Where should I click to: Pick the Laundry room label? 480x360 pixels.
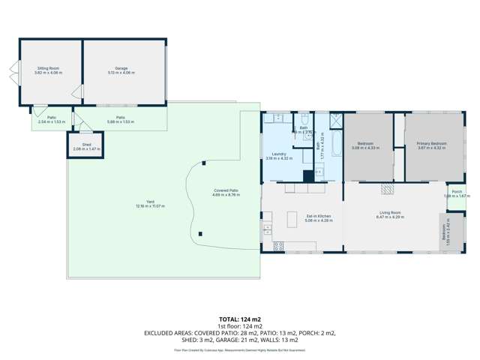point(278,156)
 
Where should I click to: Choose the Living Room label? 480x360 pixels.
point(390,214)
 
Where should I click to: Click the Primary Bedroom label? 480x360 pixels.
point(432,145)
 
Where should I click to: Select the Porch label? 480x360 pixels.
point(457,193)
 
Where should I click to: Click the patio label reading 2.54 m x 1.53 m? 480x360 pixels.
point(52,118)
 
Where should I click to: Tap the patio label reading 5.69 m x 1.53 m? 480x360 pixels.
point(120,118)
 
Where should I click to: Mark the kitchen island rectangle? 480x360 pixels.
point(292,218)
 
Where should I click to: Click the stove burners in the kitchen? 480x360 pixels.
point(278,244)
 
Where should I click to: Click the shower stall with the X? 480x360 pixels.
point(335,119)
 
